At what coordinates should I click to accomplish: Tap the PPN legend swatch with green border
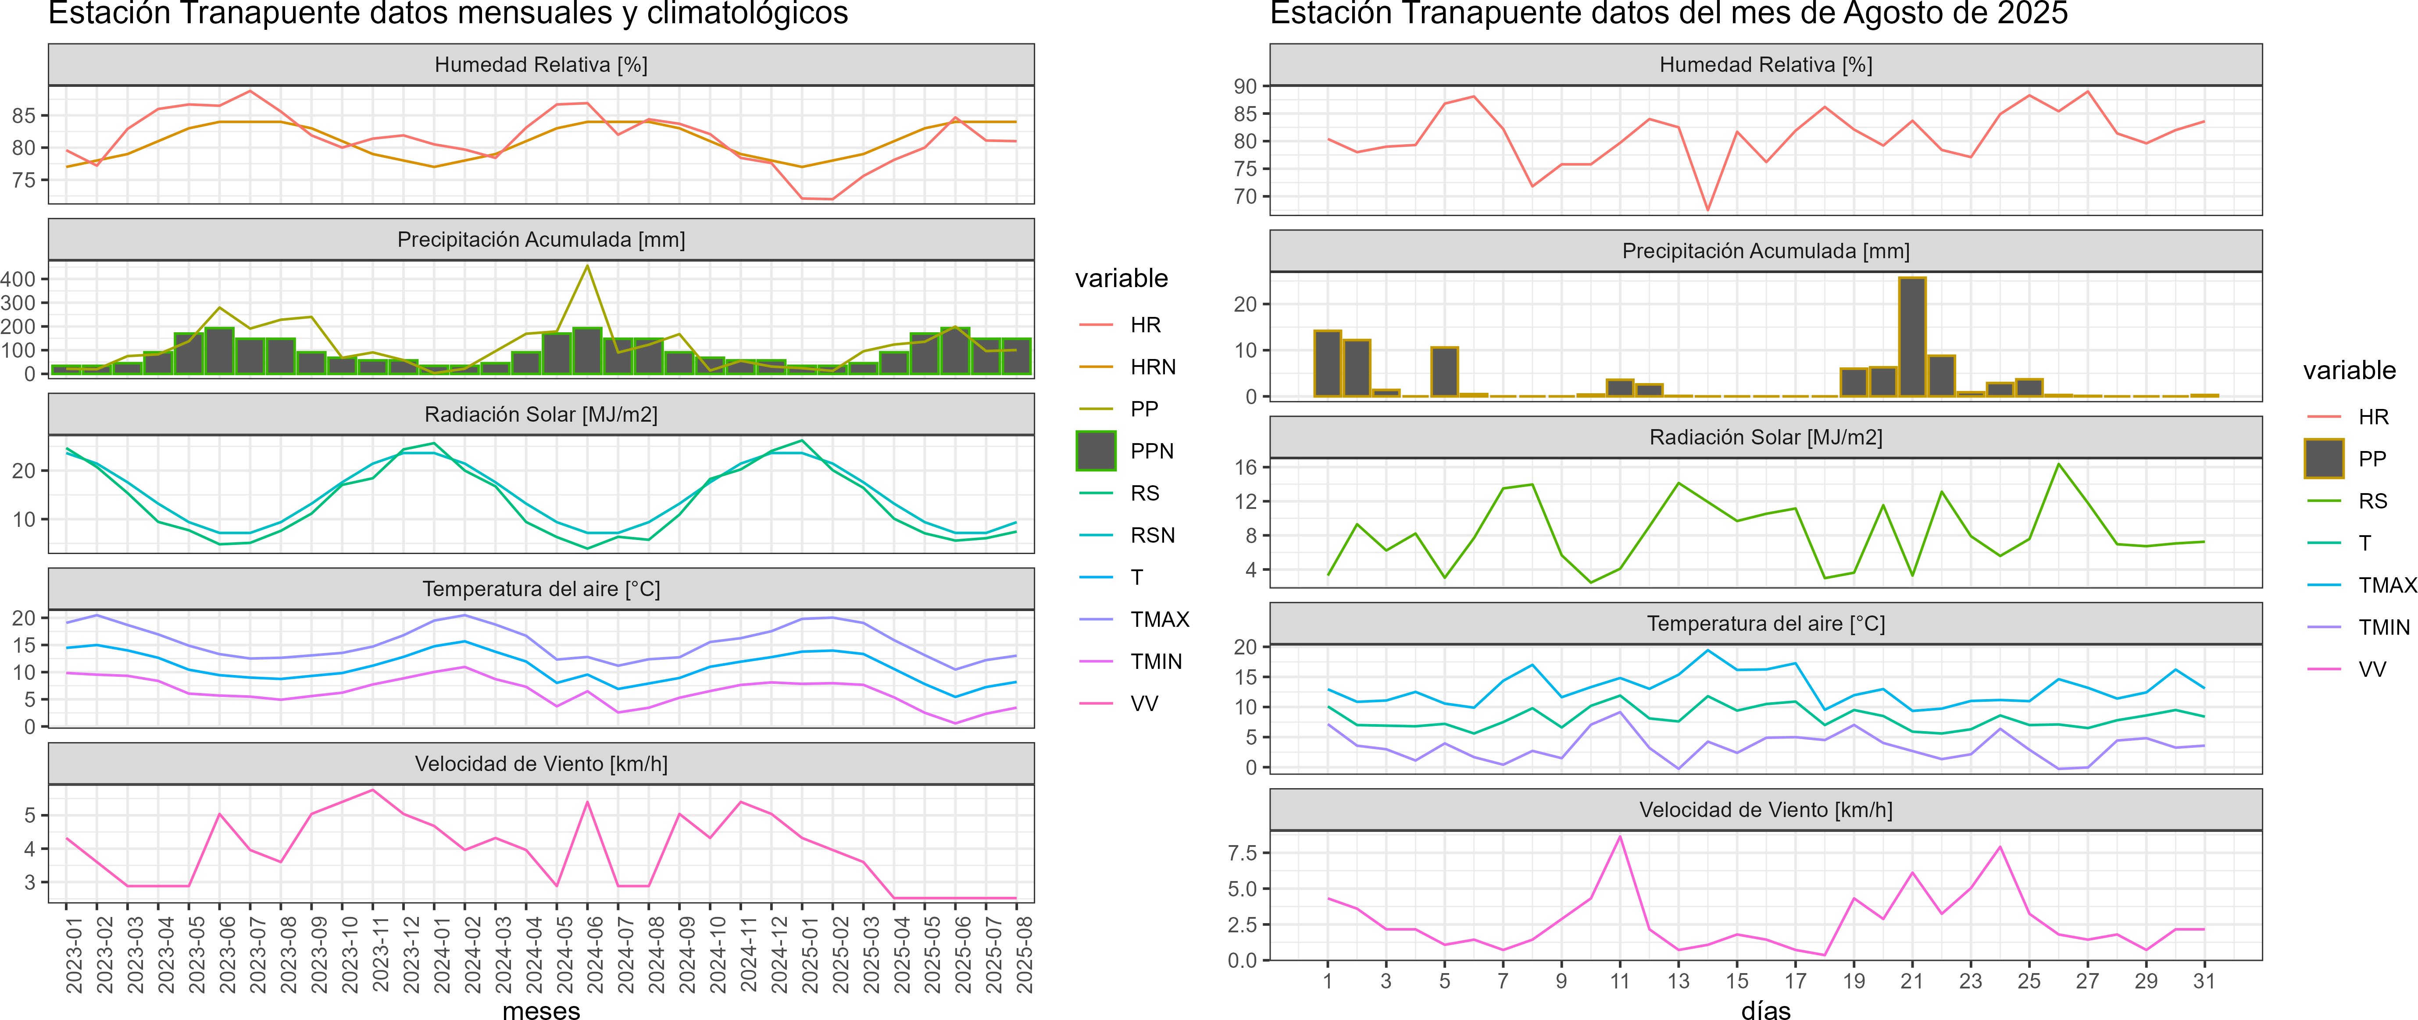[1096, 451]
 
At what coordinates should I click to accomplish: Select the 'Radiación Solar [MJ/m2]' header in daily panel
[1766, 437]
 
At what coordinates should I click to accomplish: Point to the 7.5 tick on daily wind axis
[1242, 853]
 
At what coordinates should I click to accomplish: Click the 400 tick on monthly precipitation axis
[18, 279]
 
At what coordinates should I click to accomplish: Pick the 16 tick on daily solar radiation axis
[1245, 467]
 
